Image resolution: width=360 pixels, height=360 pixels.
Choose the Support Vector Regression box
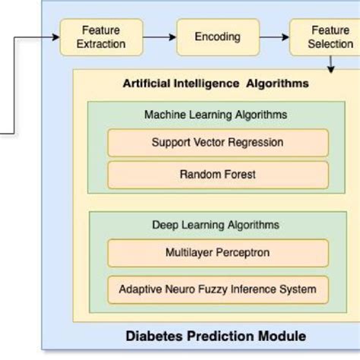tap(217, 142)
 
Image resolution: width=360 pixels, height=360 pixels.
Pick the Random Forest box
tap(217, 175)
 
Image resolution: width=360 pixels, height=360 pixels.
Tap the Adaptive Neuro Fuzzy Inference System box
tap(217, 289)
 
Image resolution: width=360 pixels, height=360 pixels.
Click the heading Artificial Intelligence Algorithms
tap(216, 84)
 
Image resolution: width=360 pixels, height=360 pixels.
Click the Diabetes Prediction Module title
tap(216, 335)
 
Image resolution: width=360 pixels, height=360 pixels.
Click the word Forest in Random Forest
tap(238, 175)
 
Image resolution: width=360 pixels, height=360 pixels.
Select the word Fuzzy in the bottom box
tap(216, 289)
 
